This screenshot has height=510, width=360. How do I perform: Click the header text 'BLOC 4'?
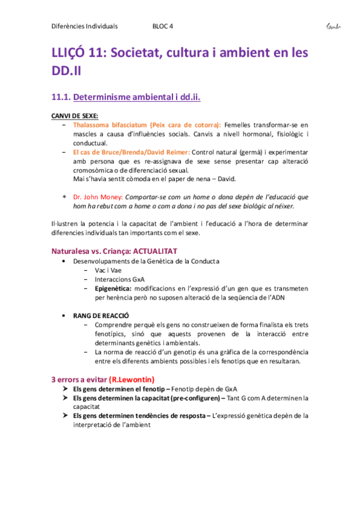click(x=163, y=26)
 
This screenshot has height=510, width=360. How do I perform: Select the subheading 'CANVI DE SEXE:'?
click(x=75, y=116)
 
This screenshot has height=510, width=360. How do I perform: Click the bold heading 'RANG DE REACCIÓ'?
click(x=100, y=315)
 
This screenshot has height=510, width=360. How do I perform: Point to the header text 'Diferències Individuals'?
click(x=85, y=26)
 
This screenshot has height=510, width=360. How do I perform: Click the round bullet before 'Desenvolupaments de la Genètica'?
click(x=64, y=262)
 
